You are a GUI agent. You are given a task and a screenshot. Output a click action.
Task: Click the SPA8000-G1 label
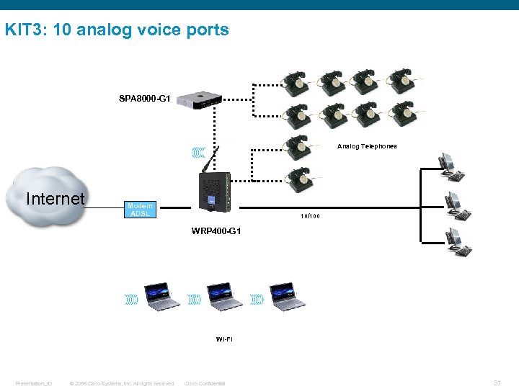pyautogui.click(x=144, y=97)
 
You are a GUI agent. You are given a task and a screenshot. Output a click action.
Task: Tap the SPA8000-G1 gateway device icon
pyautogui.click(x=199, y=99)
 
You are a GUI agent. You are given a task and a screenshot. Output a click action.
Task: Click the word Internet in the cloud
pyautogui.click(x=55, y=199)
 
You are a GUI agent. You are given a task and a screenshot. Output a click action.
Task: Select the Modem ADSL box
pyautogui.click(x=140, y=210)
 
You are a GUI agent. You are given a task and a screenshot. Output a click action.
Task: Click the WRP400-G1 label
pyautogui.click(x=216, y=231)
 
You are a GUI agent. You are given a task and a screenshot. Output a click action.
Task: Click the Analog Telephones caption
pyautogui.click(x=367, y=146)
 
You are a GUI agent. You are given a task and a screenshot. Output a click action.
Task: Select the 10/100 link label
pyautogui.click(x=311, y=216)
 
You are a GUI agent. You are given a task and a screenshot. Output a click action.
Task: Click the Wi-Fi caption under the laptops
pyautogui.click(x=224, y=338)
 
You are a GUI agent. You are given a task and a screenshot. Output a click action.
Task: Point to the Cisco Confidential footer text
pyautogui.click(x=205, y=383)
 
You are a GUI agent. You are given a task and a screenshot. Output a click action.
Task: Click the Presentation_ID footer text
pyautogui.click(x=34, y=383)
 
